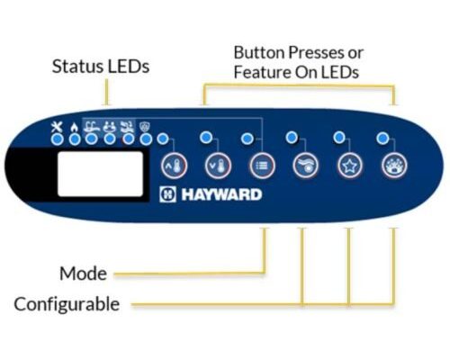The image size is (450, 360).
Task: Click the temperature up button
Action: pyautogui.click(x=174, y=166)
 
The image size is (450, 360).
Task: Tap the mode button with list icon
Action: pyautogui.click(x=262, y=166)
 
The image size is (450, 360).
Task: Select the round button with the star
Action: pyautogui.click(x=350, y=166)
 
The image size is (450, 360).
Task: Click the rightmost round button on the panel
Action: pyautogui.click(x=394, y=166)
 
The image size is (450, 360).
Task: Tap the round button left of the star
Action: pyautogui.click(x=306, y=166)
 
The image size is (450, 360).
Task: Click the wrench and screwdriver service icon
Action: pyautogui.click(x=57, y=127)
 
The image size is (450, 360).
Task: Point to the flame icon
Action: pyautogui.click(x=74, y=128)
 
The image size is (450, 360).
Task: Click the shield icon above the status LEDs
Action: pyautogui.click(x=146, y=128)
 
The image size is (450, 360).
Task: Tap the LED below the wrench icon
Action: pyautogui.click(x=57, y=139)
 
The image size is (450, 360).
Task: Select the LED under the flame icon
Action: pyautogui.click(x=75, y=139)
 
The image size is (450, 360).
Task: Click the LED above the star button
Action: pyautogui.click(x=339, y=138)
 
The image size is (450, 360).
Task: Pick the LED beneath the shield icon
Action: pyautogui.click(x=147, y=139)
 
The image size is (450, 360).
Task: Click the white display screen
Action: pyautogui.click(x=100, y=174)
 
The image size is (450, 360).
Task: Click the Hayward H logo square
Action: pyautogui.click(x=167, y=194)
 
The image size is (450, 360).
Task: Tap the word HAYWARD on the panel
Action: pyautogui.click(x=221, y=194)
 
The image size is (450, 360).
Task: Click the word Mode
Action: pyautogui.click(x=83, y=274)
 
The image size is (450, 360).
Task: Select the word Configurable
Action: pyautogui.click(x=67, y=304)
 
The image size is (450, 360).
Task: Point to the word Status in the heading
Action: pyautogui.click(x=77, y=67)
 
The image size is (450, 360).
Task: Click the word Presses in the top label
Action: pyautogui.click(x=316, y=52)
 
